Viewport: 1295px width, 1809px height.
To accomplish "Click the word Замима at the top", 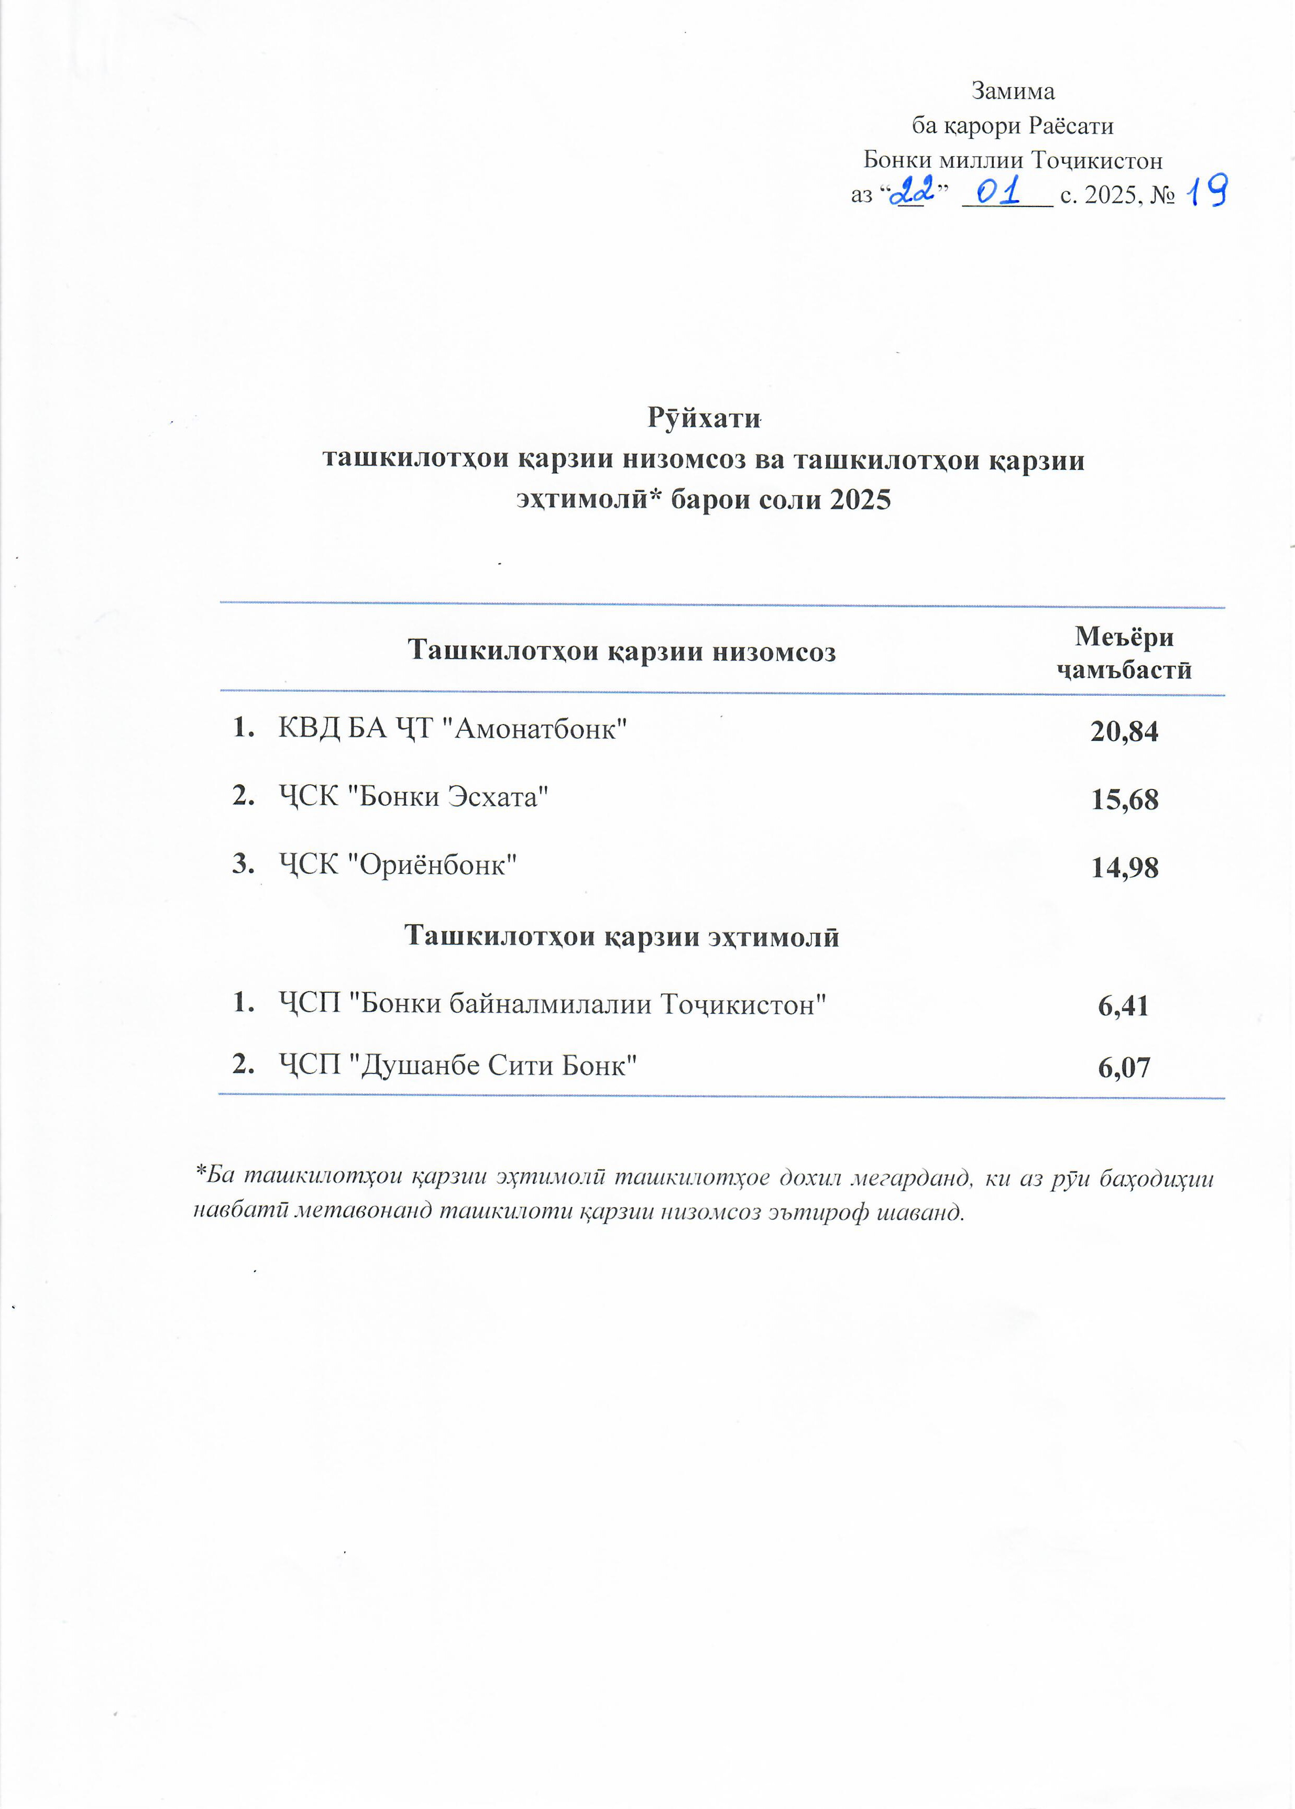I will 1013,92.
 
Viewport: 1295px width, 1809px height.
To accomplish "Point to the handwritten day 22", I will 912,191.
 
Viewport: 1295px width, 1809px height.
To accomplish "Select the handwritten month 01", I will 999,191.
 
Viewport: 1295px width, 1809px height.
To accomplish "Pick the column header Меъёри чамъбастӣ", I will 1124,653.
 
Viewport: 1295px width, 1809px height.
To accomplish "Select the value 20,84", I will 1124,731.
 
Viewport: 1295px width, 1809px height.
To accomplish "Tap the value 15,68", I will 1124,799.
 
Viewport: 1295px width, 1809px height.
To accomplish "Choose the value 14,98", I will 1124,868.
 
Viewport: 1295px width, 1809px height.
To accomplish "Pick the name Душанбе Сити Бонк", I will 498,1065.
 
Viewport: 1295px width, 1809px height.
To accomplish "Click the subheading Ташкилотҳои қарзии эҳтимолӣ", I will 621,936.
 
